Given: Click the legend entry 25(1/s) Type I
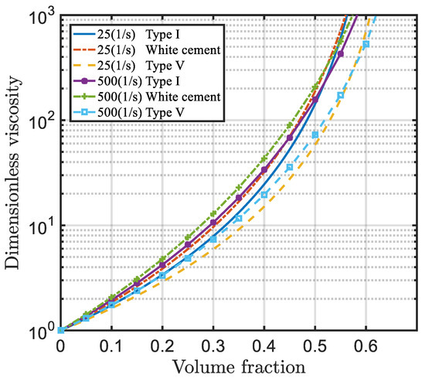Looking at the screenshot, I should click(147, 36).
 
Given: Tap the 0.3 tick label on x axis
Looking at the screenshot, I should click(212, 345).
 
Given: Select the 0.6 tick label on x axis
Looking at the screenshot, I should click(365, 345).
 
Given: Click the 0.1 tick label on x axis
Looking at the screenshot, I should click(110, 345).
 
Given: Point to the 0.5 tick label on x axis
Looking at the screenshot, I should click(314, 345).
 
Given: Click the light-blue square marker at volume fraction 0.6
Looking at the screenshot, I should click(365, 44).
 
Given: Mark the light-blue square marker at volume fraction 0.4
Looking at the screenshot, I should click(263, 195).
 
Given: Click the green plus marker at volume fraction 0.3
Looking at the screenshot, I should click(212, 213).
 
